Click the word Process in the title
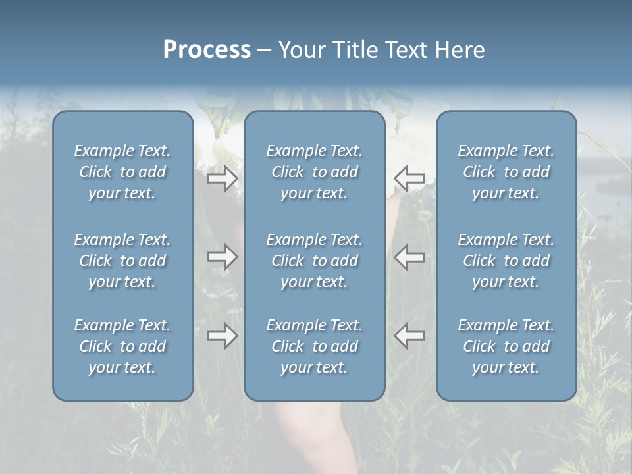point(207,50)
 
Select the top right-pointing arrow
point(222,178)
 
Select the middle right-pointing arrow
point(222,257)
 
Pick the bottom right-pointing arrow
point(222,336)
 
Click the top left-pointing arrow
point(409,178)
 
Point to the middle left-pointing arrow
point(409,257)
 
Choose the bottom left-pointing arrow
point(409,336)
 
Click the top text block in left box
point(122,172)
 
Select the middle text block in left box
point(122,261)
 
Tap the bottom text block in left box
point(122,346)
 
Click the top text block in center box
point(315,172)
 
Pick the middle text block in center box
point(315,261)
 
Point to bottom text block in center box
point(315,346)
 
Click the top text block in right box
point(506,172)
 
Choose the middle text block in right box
point(506,261)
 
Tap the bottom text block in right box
point(506,346)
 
